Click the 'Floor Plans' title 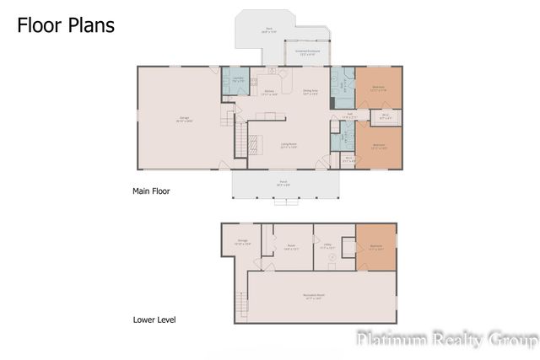pyautogui.click(x=66, y=24)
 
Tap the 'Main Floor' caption pyautogui.click(x=151, y=191)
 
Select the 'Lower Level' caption pyautogui.click(x=154, y=320)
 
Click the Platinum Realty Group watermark pyautogui.click(x=447, y=340)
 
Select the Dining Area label pyautogui.click(x=310, y=93)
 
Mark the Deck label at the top pyautogui.click(x=269, y=30)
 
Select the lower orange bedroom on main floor pyautogui.click(x=379, y=145)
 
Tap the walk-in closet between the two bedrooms pyautogui.click(x=384, y=116)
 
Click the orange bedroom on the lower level pyautogui.click(x=375, y=247)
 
